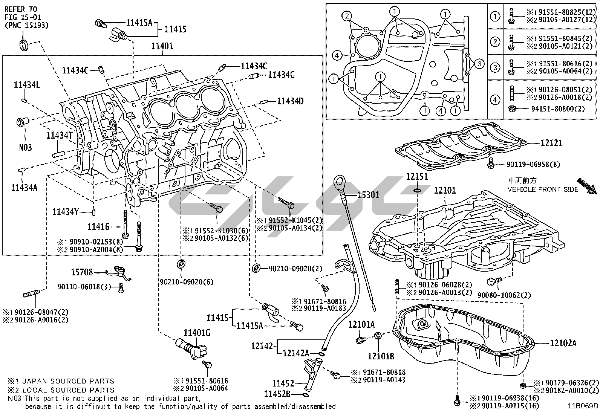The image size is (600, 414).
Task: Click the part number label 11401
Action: click(162, 46)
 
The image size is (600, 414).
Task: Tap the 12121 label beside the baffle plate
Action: click(551, 143)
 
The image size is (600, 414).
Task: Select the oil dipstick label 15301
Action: click(369, 195)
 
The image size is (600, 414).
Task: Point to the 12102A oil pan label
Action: click(563, 343)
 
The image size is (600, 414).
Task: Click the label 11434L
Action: click(27, 85)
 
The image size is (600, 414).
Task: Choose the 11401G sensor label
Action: click(197, 333)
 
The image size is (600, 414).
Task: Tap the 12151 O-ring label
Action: click(417, 177)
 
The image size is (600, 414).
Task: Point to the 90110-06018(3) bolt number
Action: click(84, 287)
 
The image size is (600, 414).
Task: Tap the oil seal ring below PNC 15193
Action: click(23, 44)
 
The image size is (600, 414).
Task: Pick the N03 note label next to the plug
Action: click(26, 147)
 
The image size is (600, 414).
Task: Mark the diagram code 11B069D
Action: click(583, 406)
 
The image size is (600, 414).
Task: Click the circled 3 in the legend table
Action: click(495, 68)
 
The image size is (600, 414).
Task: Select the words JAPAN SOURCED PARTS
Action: click(69, 381)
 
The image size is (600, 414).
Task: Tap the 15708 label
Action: click(82, 272)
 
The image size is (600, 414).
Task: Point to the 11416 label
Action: click(98, 226)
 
